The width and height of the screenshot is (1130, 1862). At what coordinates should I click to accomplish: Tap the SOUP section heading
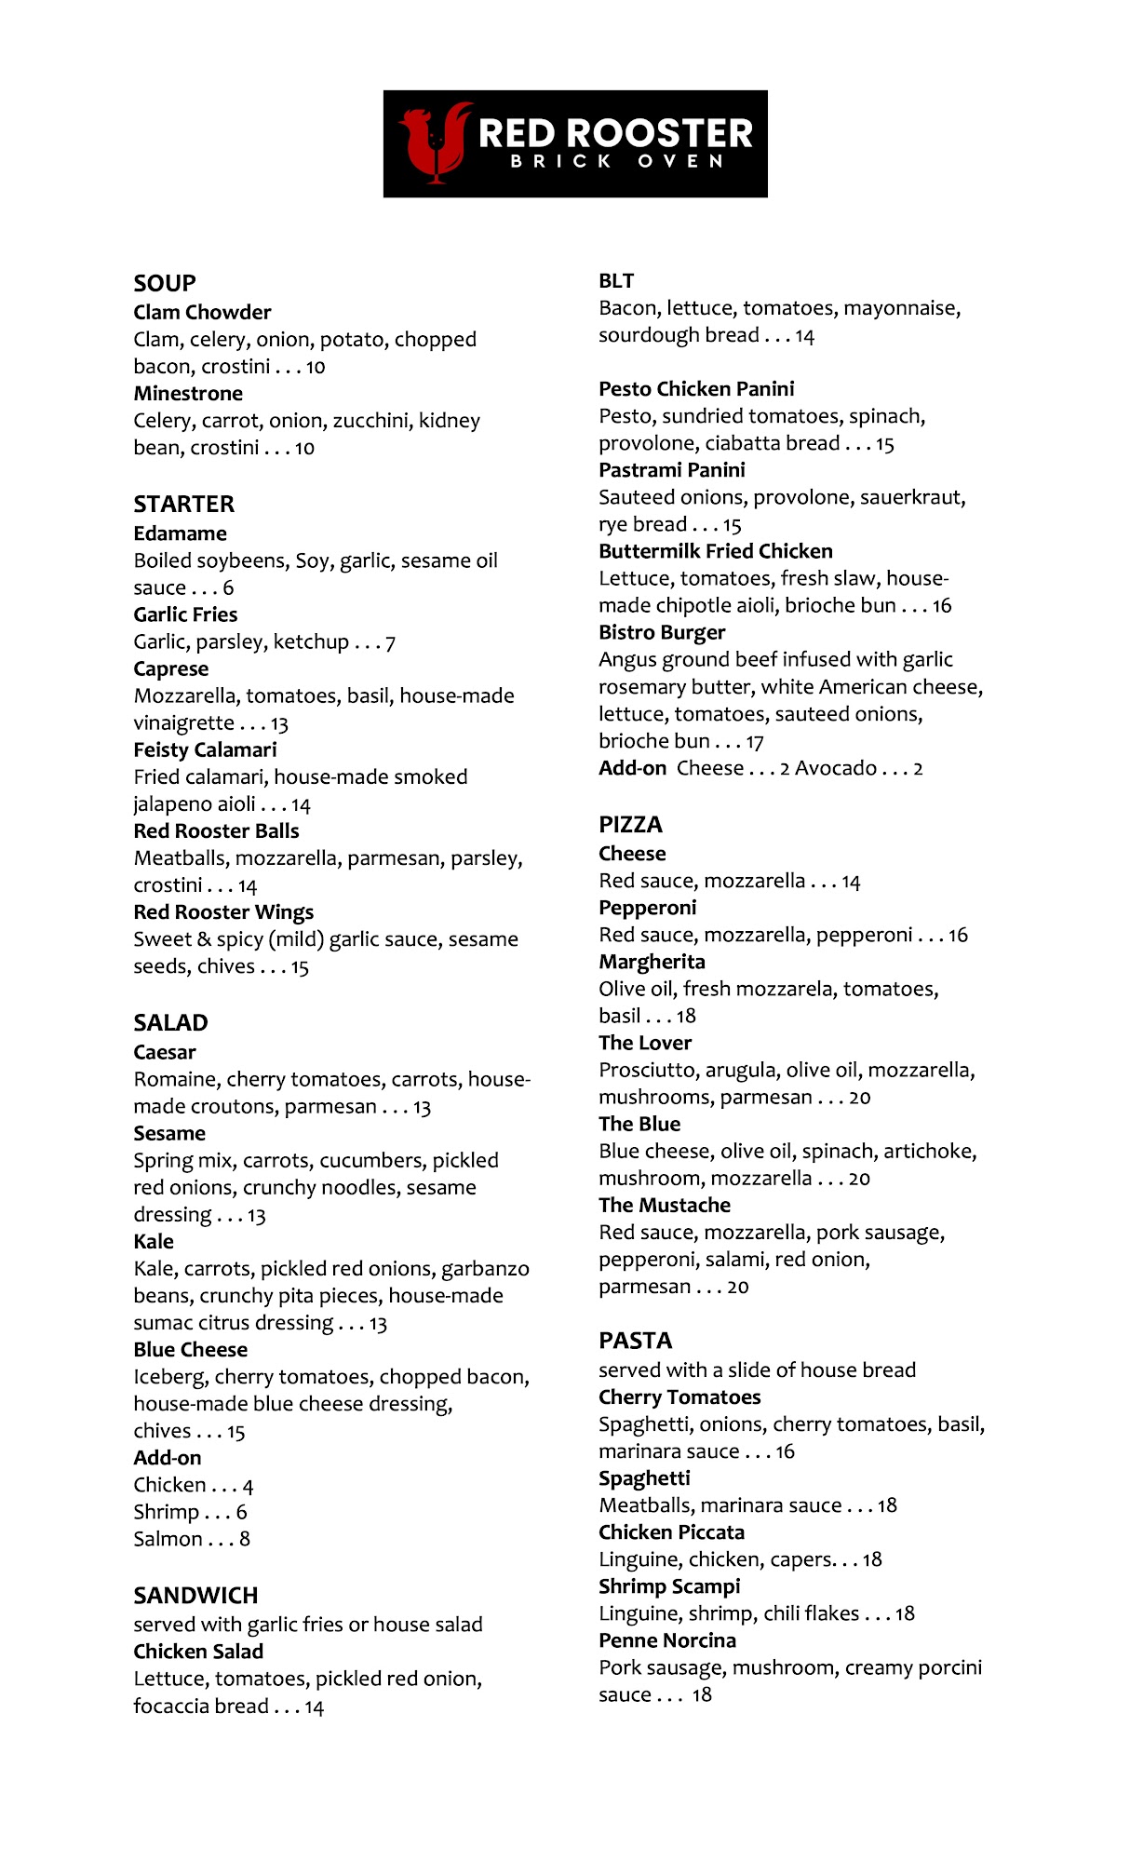click(x=165, y=283)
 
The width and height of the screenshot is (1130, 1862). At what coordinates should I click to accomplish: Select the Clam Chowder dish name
click(x=202, y=312)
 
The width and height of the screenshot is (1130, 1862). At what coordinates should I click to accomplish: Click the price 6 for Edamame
click(x=228, y=588)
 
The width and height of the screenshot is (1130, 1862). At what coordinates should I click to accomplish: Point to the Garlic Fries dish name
click(x=185, y=614)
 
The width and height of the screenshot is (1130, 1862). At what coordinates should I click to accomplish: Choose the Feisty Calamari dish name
click(x=205, y=749)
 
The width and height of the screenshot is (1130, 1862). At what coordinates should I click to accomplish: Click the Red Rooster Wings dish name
click(x=223, y=912)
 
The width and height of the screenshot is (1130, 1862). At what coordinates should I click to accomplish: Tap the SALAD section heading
click(x=170, y=1022)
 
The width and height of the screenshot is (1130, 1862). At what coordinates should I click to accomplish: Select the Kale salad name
click(x=154, y=1241)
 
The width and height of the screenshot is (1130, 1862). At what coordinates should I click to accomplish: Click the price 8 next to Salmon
click(x=245, y=1539)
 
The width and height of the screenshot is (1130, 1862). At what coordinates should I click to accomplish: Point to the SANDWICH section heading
click(x=195, y=1596)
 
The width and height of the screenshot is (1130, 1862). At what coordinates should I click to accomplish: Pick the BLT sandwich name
click(x=616, y=281)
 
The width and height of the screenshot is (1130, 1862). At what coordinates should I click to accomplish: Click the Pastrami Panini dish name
click(x=672, y=470)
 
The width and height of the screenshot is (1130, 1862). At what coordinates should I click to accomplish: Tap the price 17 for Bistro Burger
click(x=755, y=742)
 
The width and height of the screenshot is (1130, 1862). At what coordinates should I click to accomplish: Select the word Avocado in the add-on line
click(x=836, y=768)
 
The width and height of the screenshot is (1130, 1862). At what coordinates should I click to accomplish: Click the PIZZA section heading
click(x=630, y=825)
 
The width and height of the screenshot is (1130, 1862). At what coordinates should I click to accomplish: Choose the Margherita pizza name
click(x=652, y=962)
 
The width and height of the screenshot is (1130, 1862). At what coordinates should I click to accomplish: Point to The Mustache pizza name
click(x=665, y=1205)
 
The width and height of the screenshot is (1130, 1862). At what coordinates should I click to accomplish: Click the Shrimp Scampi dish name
click(x=669, y=1586)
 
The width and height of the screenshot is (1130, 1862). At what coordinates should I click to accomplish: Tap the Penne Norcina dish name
click(x=667, y=1640)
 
